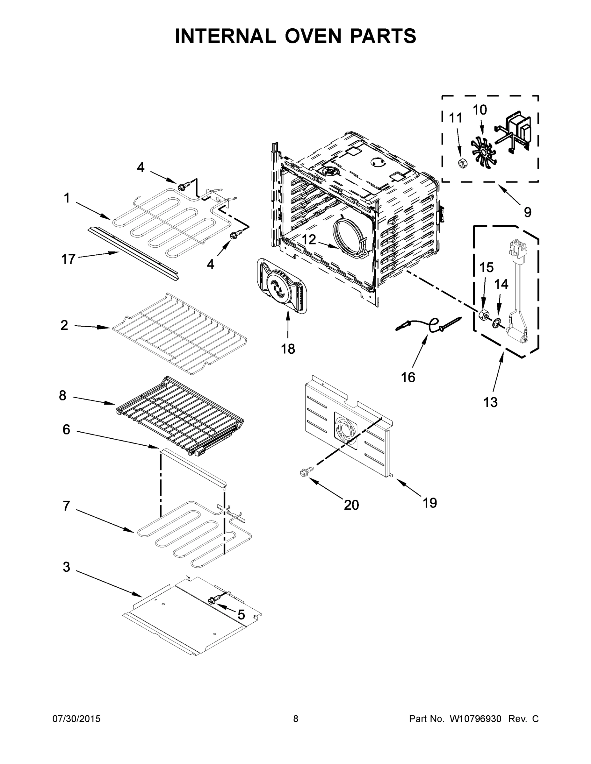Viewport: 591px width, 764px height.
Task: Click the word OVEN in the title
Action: [x=313, y=36]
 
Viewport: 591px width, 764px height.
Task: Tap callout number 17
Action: [x=68, y=259]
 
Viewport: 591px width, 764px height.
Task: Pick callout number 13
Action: [x=490, y=402]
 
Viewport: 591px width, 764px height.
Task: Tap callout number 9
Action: [x=527, y=212]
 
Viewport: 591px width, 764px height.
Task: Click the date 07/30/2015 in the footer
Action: [x=76, y=718]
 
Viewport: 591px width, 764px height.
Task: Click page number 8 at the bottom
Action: [x=296, y=718]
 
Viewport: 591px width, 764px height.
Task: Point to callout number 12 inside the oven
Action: [x=309, y=240]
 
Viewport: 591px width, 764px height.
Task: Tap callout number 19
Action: [x=429, y=503]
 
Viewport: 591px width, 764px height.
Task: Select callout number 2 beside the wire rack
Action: [x=64, y=325]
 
